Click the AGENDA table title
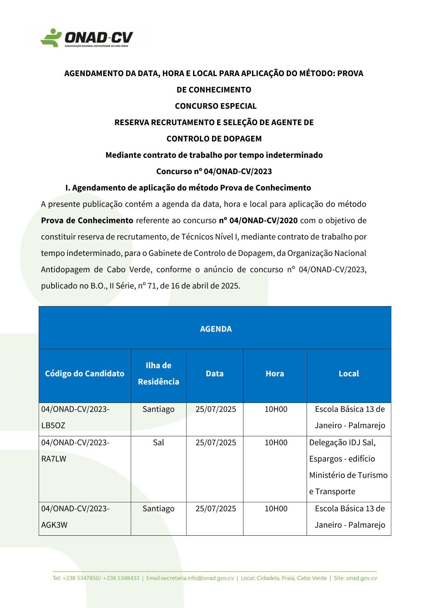(215, 329)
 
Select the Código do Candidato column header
(85, 374)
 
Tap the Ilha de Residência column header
(158, 373)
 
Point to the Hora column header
(275, 374)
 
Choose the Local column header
(349, 374)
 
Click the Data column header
(215, 374)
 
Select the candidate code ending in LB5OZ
(75, 417)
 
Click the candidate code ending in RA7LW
(75, 451)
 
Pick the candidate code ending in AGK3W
(75, 516)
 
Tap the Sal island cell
(158, 442)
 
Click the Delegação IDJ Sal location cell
(348, 467)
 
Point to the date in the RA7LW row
(215, 442)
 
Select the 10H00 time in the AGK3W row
(276, 509)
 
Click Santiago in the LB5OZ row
(158, 409)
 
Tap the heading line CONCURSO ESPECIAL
(215, 106)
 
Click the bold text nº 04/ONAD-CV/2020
(258, 221)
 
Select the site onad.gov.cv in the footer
(361, 578)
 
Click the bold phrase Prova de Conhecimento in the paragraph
(87, 221)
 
